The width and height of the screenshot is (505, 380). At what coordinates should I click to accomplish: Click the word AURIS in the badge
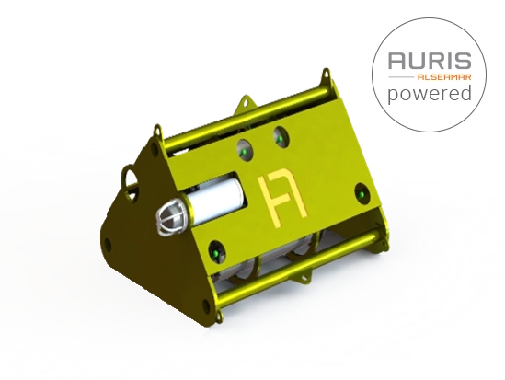click(x=430, y=61)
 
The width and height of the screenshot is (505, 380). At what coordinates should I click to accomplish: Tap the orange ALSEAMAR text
click(x=444, y=77)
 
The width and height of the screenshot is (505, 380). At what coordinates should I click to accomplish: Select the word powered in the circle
click(x=430, y=94)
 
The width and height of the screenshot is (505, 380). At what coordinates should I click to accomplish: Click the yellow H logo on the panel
click(x=282, y=198)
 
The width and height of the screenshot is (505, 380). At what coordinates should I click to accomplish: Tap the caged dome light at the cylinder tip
click(x=170, y=217)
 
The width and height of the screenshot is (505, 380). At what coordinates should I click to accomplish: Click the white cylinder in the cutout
click(x=215, y=201)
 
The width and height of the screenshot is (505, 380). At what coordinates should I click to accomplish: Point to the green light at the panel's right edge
click(x=362, y=194)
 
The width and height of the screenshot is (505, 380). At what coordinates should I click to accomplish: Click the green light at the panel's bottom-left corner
click(x=216, y=252)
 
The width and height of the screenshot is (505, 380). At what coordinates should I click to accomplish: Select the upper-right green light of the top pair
click(x=281, y=138)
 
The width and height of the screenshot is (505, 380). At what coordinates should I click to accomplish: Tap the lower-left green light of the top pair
click(x=245, y=151)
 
